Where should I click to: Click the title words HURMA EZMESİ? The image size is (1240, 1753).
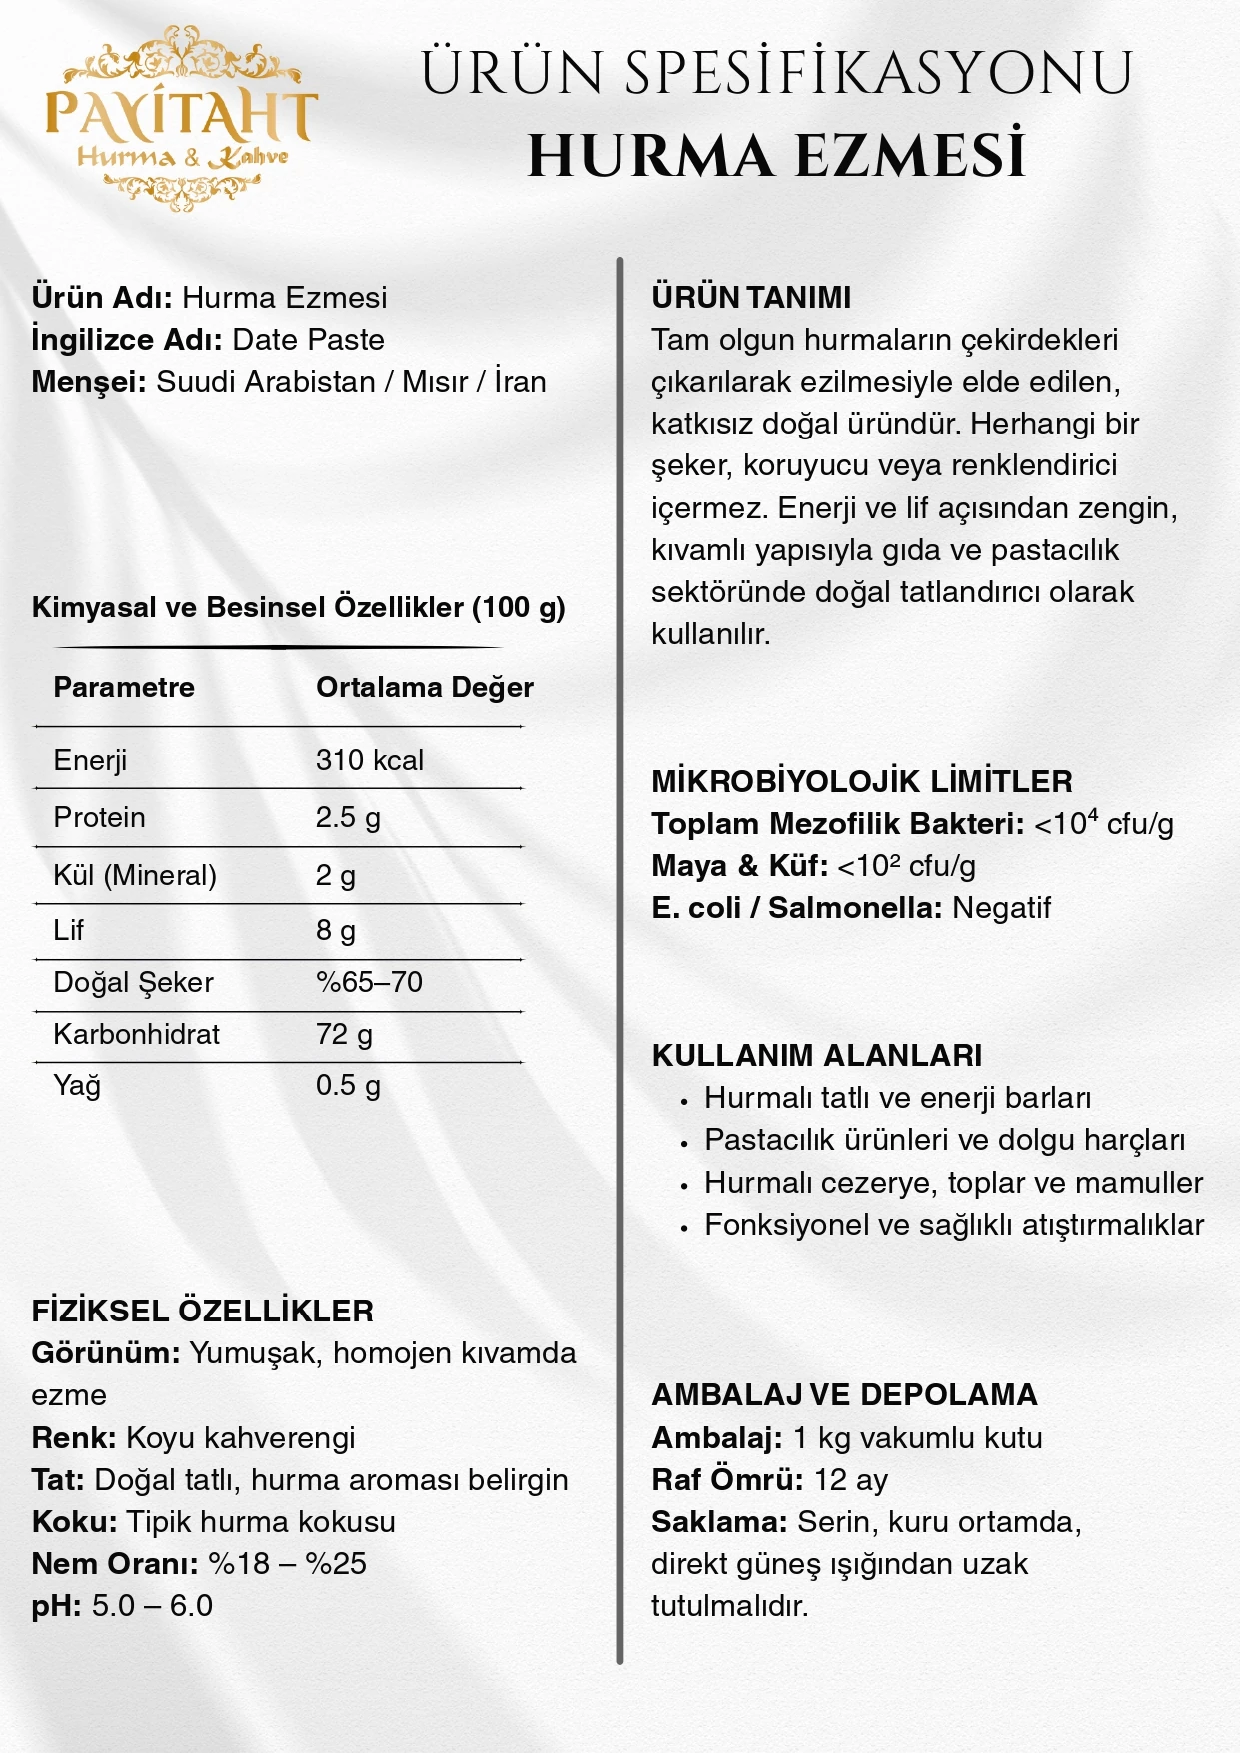coord(776,157)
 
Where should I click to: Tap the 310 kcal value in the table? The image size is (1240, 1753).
coord(369,760)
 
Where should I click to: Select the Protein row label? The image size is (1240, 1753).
coord(99,817)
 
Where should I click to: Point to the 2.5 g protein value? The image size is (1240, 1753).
coord(347,817)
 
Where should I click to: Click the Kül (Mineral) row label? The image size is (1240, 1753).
coord(134,875)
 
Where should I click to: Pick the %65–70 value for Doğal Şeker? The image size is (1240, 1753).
coord(369,982)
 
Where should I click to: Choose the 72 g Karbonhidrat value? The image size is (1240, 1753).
coord(344,1034)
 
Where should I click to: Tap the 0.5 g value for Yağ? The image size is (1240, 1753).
coord(347,1085)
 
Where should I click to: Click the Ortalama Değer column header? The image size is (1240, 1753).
coord(424,687)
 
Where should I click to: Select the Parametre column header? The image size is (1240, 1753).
coord(124,687)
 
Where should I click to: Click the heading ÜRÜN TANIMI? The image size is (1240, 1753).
coord(751,297)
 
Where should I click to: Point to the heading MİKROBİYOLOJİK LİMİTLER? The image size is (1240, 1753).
coord(861,781)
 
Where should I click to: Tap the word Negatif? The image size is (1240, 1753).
coord(1001,907)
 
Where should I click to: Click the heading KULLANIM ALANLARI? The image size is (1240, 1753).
coord(816,1055)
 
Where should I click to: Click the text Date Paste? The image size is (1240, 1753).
coord(308,339)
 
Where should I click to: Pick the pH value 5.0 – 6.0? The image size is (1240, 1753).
coord(152,1605)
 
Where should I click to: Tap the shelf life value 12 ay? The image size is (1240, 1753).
coord(850,1479)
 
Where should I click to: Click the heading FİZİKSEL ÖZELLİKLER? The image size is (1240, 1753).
coord(202,1311)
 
